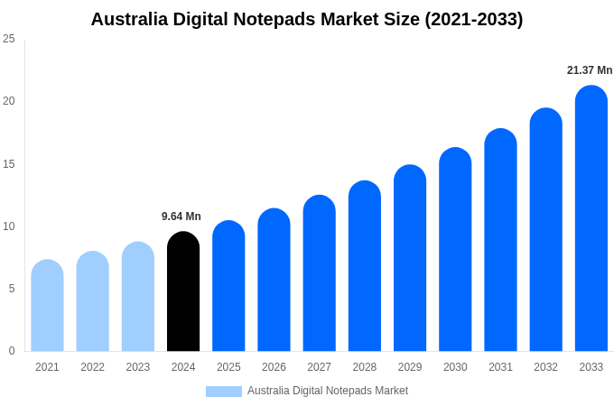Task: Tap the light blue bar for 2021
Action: [x=47, y=306]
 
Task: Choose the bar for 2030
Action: [x=455, y=250]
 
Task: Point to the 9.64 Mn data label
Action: [x=181, y=217]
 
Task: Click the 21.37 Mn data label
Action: [x=590, y=70]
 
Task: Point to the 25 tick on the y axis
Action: [x=9, y=39]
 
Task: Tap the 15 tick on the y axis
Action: [x=9, y=164]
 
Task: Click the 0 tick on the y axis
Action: [x=12, y=351]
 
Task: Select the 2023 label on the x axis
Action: [x=138, y=367]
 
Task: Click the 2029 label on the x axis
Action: [x=410, y=367]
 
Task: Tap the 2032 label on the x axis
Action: [x=545, y=367]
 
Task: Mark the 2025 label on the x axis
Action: [x=228, y=367]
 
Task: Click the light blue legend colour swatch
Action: [x=224, y=392]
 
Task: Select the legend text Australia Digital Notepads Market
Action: [x=328, y=391]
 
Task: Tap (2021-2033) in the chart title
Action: [x=474, y=19]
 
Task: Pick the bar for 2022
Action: [x=92, y=301]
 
